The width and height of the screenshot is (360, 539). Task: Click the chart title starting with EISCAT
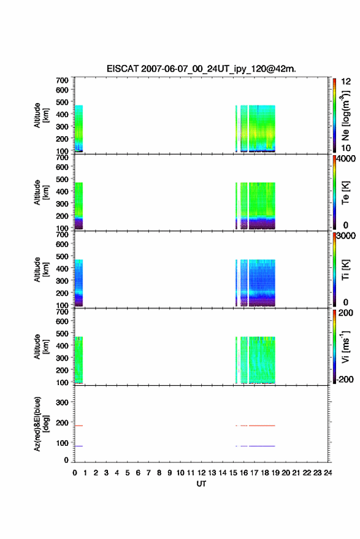(x=201, y=69)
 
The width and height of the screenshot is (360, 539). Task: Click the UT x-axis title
(x=201, y=484)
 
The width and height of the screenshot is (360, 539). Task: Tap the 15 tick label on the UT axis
(x=233, y=473)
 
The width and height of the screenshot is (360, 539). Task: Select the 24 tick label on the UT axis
(x=327, y=473)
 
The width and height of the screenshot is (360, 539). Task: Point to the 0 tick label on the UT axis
(x=75, y=473)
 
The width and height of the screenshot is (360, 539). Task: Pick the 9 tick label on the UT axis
(x=169, y=473)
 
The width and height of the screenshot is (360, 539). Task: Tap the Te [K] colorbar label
(x=345, y=193)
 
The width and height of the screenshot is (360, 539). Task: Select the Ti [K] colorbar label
(x=345, y=270)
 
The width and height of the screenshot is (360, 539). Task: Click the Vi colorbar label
(x=345, y=346)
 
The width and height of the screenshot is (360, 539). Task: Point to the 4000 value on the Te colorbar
(x=346, y=158)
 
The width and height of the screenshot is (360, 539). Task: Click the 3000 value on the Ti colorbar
(x=346, y=235)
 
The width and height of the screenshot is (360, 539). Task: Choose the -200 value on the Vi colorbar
(x=345, y=379)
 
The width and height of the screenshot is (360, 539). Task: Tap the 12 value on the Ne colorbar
(x=346, y=82)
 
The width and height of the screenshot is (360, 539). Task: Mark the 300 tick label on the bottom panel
(x=62, y=402)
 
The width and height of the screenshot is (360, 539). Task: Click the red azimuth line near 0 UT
(x=79, y=426)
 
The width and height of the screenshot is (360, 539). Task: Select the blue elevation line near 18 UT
(x=262, y=446)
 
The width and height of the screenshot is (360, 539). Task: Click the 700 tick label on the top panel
(x=62, y=80)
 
